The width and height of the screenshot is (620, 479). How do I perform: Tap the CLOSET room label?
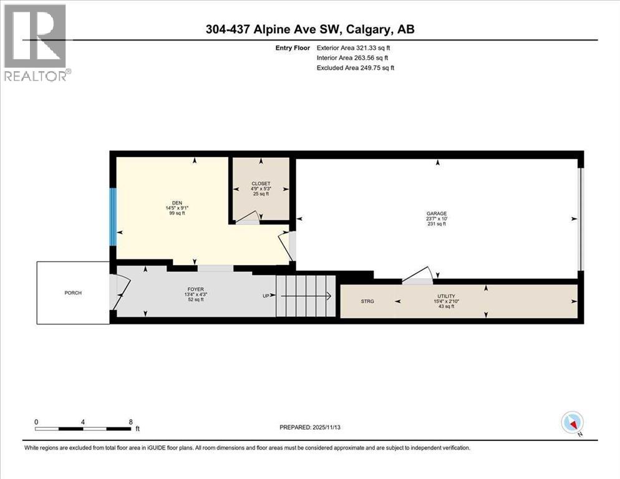[x=261, y=183]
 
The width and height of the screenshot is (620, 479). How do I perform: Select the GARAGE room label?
[x=441, y=213]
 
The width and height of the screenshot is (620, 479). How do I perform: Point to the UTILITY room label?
[x=446, y=296]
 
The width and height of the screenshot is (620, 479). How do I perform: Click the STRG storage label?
[x=367, y=301]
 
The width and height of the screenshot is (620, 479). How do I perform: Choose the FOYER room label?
[x=194, y=289]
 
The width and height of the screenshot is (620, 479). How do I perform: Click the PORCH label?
[x=73, y=293]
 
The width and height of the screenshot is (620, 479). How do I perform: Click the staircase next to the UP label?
[x=305, y=296]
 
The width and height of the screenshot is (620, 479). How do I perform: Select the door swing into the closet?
[x=248, y=217]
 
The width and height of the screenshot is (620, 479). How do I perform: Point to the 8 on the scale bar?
[x=130, y=421]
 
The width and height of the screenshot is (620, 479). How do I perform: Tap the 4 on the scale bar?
[x=83, y=421]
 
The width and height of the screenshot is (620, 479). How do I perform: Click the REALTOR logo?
[x=36, y=42]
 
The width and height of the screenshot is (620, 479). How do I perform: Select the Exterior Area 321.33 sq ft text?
[x=356, y=47]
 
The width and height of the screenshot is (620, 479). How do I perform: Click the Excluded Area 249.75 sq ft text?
[x=356, y=67]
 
